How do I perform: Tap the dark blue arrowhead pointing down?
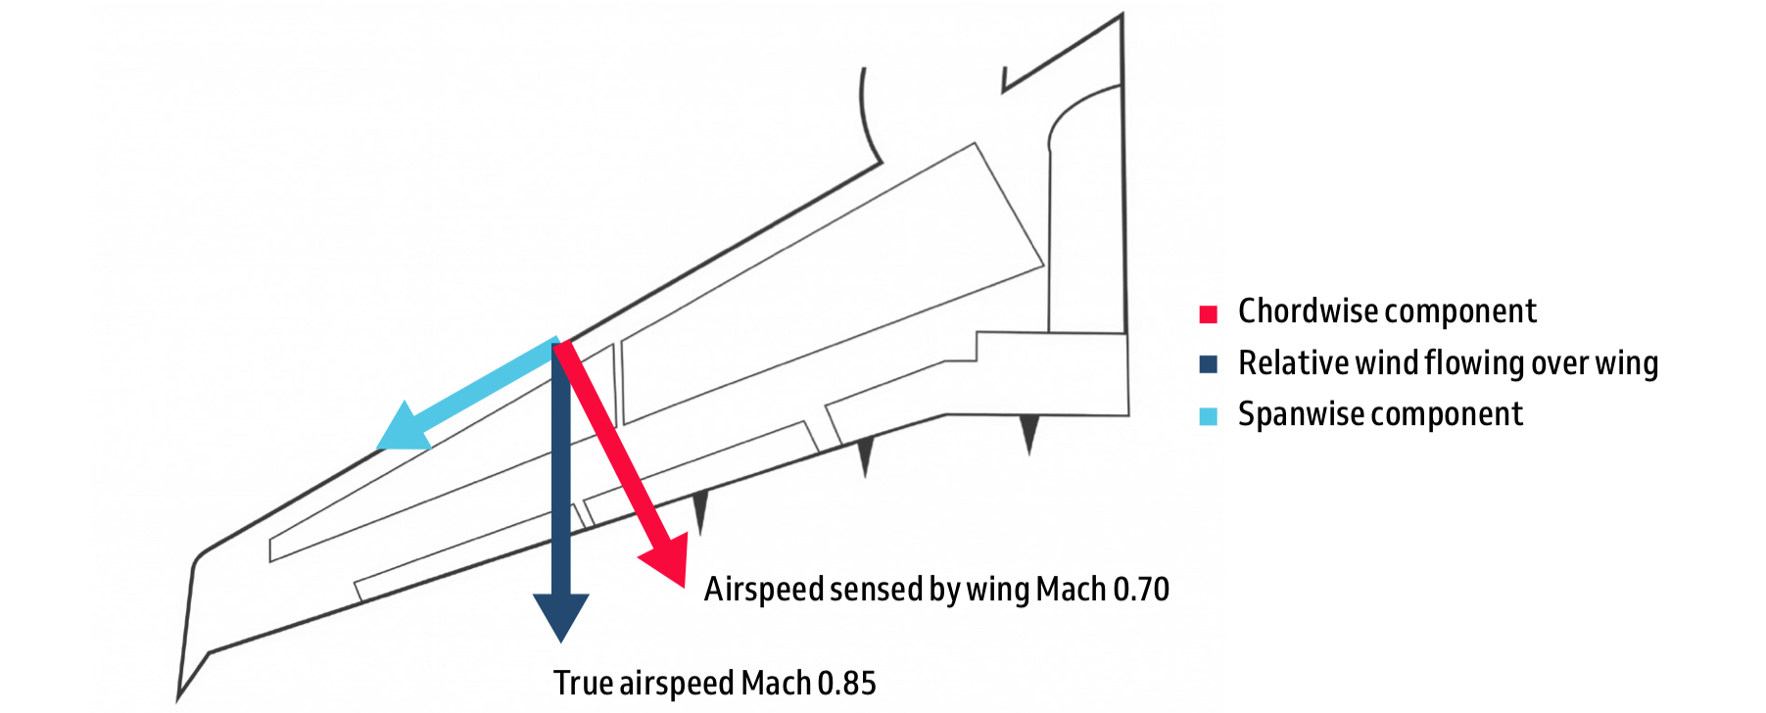point(560,615)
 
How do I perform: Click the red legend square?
point(1208,314)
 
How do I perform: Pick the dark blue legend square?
point(1208,364)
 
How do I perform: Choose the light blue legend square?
point(1208,416)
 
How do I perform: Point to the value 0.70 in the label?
point(1141,590)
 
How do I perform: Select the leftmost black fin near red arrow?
point(699,509)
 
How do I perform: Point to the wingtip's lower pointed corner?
point(179,698)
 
